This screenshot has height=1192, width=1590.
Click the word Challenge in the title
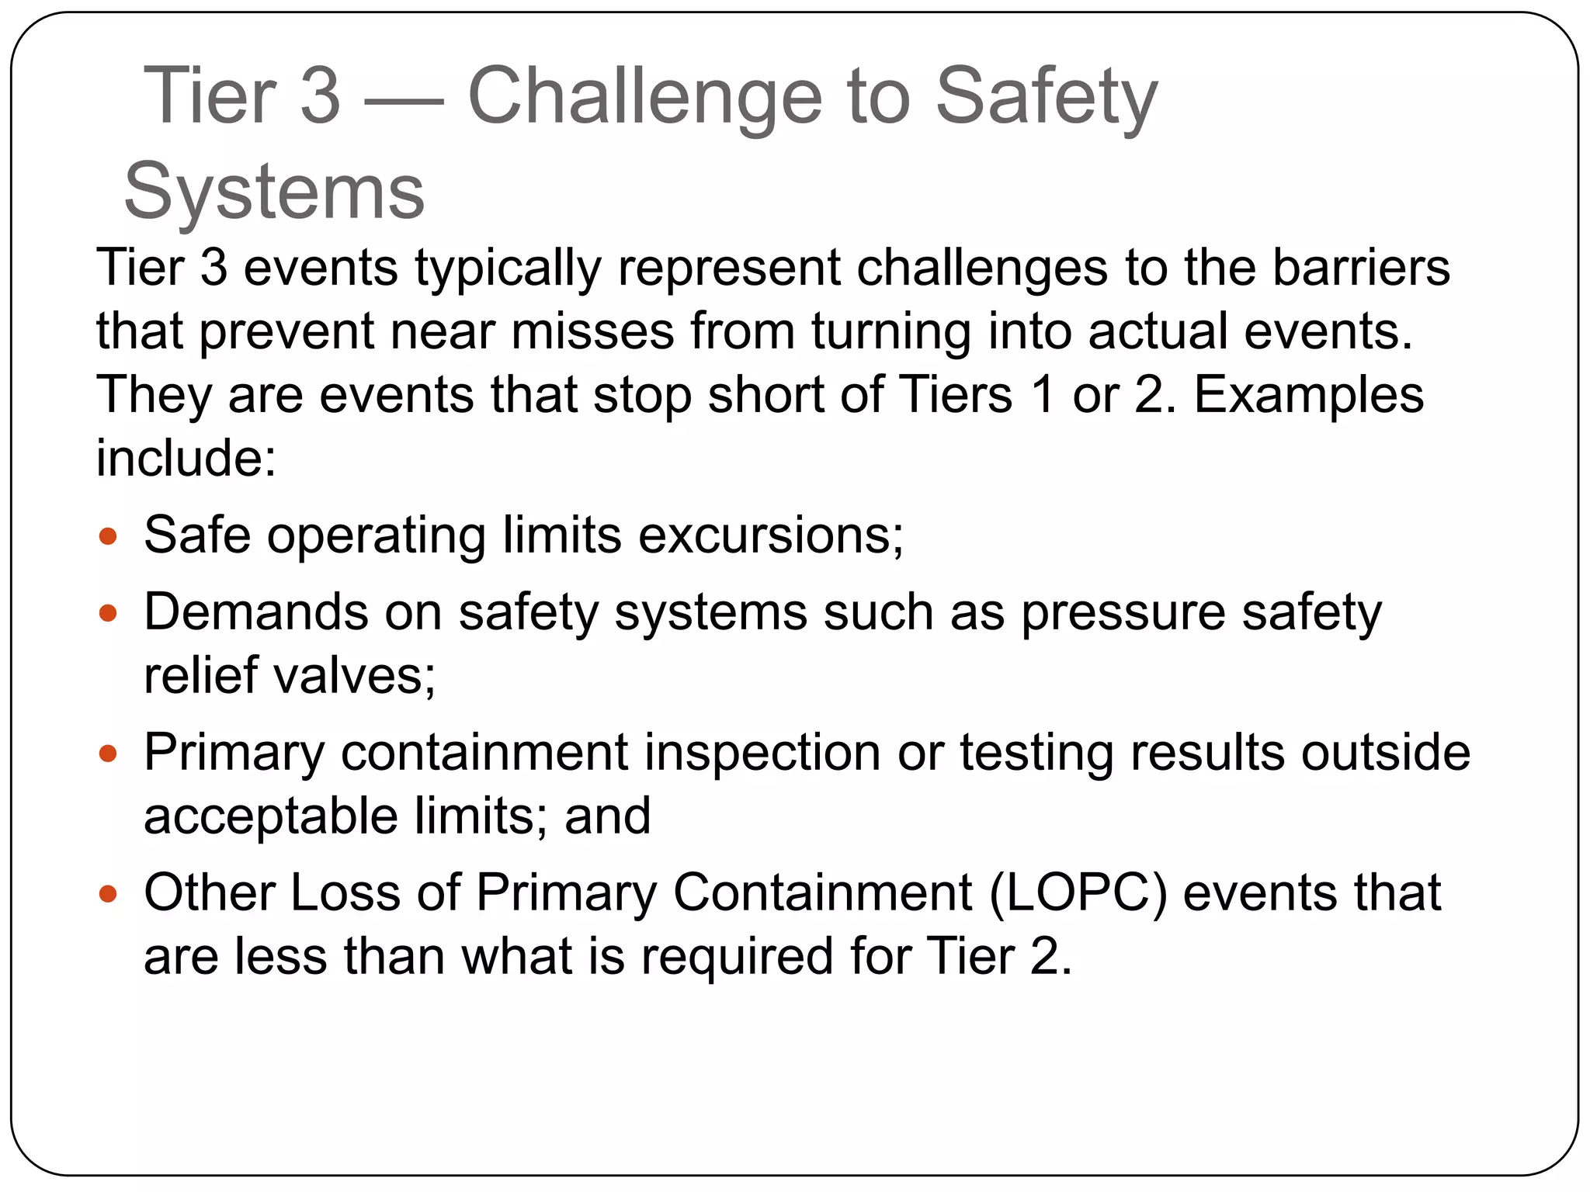click(x=644, y=96)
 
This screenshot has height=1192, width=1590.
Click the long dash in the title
click(x=404, y=101)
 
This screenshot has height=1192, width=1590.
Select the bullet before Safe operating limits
click(x=108, y=536)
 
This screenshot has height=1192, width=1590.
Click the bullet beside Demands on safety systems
click(x=108, y=614)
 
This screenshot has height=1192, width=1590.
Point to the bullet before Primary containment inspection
click(x=108, y=754)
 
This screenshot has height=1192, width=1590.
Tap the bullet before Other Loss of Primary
click(x=108, y=894)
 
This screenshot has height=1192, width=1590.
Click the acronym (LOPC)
click(x=1078, y=893)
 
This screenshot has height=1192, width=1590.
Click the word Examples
click(x=1308, y=395)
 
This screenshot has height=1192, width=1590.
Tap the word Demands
click(x=256, y=612)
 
